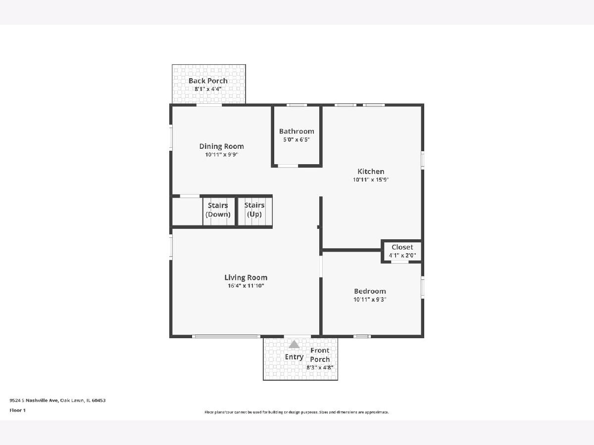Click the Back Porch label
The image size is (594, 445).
click(x=208, y=81)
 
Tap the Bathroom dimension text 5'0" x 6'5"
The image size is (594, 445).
click(x=297, y=140)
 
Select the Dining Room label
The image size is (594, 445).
click(x=222, y=146)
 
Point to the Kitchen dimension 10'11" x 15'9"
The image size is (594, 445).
click(x=371, y=179)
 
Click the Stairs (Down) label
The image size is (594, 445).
click(x=218, y=210)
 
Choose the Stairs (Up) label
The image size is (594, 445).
click(x=254, y=210)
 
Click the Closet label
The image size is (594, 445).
click(x=402, y=247)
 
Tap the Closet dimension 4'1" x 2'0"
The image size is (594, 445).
click(x=402, y=255)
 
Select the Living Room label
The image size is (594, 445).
click(x=246, y=277)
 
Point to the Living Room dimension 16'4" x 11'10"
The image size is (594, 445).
click(x=246, y=286)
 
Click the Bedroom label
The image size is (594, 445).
click(x=370, y=291)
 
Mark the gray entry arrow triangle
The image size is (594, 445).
click(x=294, y=345)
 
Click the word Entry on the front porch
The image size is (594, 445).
click(x=294, y=357)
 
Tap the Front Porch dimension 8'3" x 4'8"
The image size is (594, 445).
click(x=320, y=368)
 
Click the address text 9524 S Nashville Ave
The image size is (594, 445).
click(x=34, y=400)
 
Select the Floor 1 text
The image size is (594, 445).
click(x=18, y=410)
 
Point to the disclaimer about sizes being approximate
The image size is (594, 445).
click(x=297, y=412)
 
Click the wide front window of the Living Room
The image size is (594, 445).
click(x=226, y=337)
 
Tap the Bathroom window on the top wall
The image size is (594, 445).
click(x=297, y=105)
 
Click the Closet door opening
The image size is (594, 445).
click(x=399, y=262)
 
